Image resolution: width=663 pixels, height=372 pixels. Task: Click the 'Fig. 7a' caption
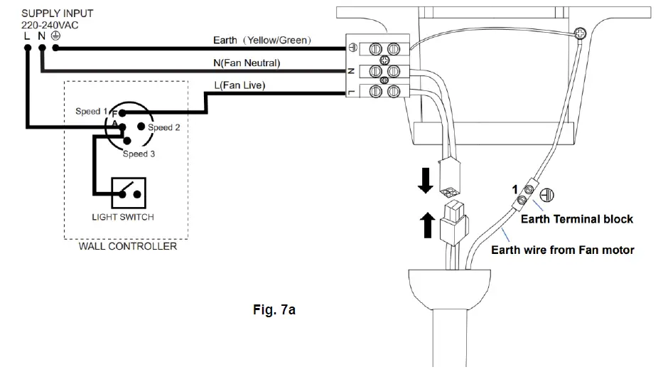pyautogui.click(x=274, y=310)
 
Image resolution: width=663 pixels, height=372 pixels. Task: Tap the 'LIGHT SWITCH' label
pyautogui.click(x=123, y=217)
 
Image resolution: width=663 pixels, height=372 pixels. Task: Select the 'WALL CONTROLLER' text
pyautogui.click(x=127, y=246)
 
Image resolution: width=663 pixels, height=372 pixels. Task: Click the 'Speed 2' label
pyautogui.click(x=163, y=127)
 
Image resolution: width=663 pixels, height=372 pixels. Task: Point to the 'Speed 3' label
pyautogui.click(x=139, y=154)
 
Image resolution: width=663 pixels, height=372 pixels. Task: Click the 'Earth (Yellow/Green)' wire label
pyautogui.click(x=262, y=41)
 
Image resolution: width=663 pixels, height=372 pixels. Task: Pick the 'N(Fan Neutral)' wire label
pyautogui.click(x=247, y=63)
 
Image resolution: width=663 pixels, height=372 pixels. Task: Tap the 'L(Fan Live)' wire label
pyautogui.click(x=239, y=85)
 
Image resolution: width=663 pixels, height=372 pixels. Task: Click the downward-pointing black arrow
pyautogui.click(x=426, y=181)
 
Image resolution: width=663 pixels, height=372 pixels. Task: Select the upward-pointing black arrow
pyautogui.click(x=428, y=225)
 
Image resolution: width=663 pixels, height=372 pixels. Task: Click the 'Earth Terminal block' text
pyautogui.click(x=577, y=219)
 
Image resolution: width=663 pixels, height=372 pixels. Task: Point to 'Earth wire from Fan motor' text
pyautogui.click(x=562, y=250)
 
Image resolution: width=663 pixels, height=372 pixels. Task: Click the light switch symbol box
pyautogui.click(x=129, y=193)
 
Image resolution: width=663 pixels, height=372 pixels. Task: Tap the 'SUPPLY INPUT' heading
pyautogui.click(x=57, y=14)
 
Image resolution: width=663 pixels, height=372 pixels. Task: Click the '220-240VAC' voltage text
pyautogui.click(x=50, y=26)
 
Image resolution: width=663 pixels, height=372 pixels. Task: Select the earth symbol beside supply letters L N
pyautogui.click(x=55, y=36)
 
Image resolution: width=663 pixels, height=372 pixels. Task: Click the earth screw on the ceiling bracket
pyautogui.click(x=581, y=33)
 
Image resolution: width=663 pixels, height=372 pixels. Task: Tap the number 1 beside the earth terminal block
pyautogui.click(x=514, y=189)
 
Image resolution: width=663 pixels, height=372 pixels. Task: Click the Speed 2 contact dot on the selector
pyautogui.click(x=141, y=127)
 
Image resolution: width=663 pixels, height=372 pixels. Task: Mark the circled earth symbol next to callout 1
pyautogui.click(x=546, y=195)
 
